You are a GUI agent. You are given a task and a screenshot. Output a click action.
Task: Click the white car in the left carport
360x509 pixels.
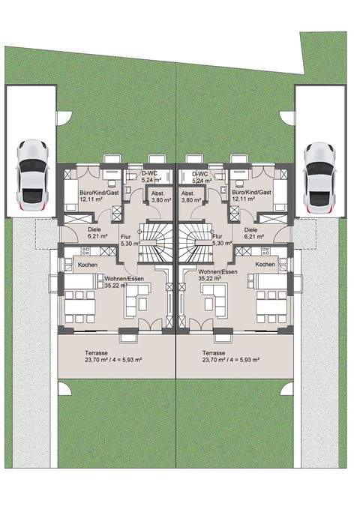(x=32, y=176)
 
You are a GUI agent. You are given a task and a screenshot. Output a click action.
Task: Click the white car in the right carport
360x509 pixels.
(x=319, y=179)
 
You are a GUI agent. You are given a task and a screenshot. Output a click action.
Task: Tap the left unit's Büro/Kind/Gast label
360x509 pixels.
(x=99, y=193)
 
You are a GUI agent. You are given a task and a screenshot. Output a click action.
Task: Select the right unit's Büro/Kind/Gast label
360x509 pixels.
(x=251, y=192)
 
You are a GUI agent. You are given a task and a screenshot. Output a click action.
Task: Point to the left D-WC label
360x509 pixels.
(x=150, y=173)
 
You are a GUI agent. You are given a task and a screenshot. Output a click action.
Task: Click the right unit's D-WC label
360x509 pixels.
(x=199, y=174)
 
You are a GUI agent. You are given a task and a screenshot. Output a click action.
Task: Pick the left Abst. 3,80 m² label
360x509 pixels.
(x=161, y=196)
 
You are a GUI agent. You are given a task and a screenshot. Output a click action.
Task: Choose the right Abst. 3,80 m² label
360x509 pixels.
(x=191, y=196)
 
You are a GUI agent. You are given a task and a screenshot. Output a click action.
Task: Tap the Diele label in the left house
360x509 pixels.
(x=94, y=229)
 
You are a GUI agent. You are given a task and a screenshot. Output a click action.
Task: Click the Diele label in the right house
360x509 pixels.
(x=250, y=229)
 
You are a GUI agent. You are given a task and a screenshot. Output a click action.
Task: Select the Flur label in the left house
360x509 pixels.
(x=125, y=237)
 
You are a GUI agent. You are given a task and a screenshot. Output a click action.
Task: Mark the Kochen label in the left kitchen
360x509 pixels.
(x=88, y=265)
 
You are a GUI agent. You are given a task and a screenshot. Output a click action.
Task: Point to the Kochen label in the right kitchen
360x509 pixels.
(x=265, y=264)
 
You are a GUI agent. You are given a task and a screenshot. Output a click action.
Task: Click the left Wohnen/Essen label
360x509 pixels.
(x=124, y=279)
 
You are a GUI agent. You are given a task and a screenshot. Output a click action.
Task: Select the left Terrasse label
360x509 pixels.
(x=96, y=353)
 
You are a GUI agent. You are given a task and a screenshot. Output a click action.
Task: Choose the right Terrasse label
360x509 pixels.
(x=214, y=353)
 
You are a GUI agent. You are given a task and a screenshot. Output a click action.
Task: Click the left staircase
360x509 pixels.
(x=155, y=242)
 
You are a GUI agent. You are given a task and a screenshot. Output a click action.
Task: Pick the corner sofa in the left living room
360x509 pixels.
(x=139, y=301)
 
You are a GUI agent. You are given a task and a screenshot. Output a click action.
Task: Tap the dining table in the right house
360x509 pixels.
(x=271, y=307)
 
